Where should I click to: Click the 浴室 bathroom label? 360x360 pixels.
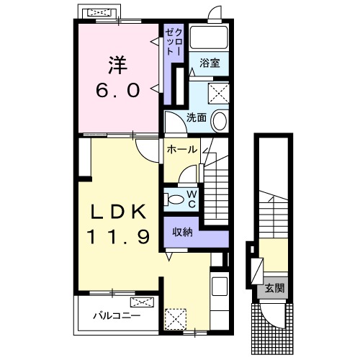pyautogui.click(x=210, y=63)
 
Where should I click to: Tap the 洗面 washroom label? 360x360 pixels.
pyautogui.click(x=197, y=117)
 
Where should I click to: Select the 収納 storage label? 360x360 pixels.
pyautogui.click(x=183, y=232)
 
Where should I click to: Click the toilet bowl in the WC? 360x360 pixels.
pyautogui.click(x=174, y=199)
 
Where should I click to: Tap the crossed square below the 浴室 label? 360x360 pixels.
pyautogui.click(x=217, y=92)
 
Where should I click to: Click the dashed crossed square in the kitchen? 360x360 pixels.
pyautogui.click(x=176, y=318)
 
